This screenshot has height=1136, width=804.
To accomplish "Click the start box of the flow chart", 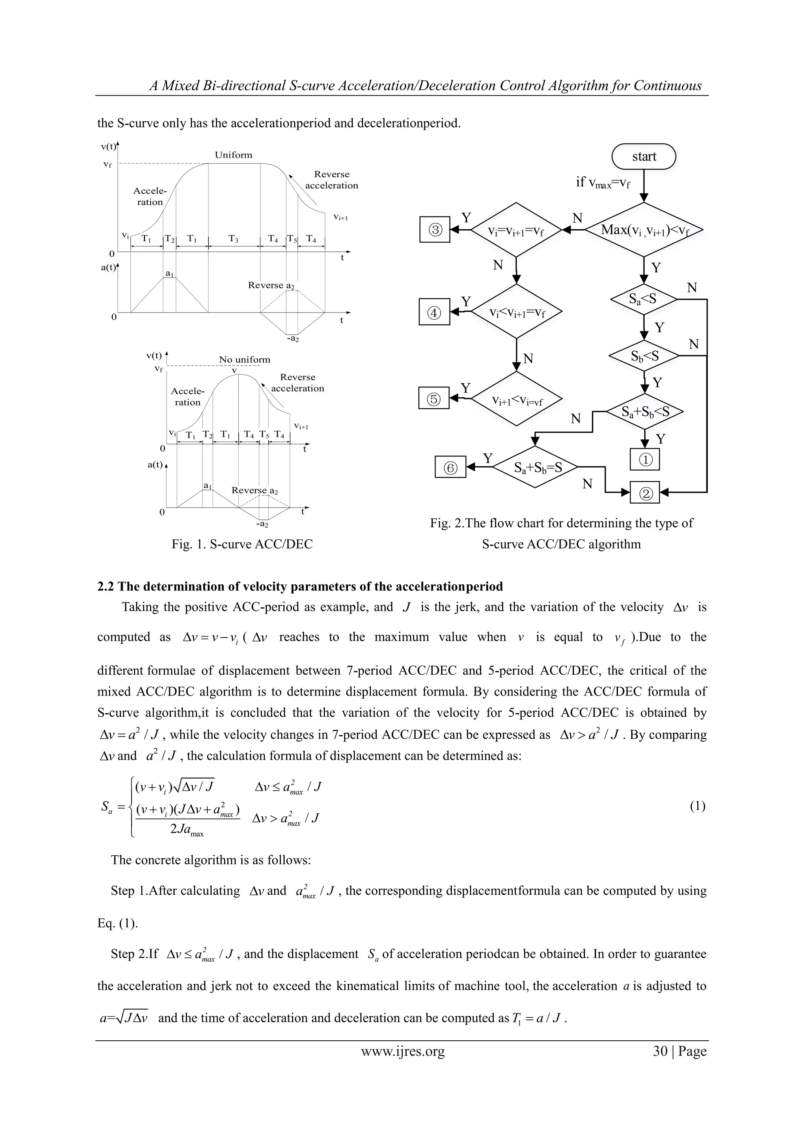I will (x=643, y=157).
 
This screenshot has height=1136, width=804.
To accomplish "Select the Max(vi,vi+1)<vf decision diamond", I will (x=643, y=229).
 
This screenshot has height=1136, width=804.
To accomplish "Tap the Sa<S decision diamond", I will (x=643, y=299).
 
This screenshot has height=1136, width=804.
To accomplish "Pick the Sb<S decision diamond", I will (x=643, y=356).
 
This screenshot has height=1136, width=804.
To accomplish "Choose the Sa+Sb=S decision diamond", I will (x=535, y=467).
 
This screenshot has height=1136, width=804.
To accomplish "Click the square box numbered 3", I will (x=435, y=229).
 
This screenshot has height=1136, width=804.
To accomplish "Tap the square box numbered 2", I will (x=645, y=492).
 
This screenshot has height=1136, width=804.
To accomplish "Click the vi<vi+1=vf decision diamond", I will (x=516, y=312).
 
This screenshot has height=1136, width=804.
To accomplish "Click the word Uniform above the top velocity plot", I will (x=233, y=155).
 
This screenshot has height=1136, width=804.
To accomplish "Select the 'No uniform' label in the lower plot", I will (x=245, y=360).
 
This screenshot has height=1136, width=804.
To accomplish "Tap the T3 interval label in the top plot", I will (x=234, y=238).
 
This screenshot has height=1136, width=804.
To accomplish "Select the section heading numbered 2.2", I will (x=300, y=586).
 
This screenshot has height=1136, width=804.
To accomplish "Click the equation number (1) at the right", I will (x=697, y=806).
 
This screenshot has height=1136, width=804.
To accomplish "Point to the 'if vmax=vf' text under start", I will (x=603, y=182).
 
